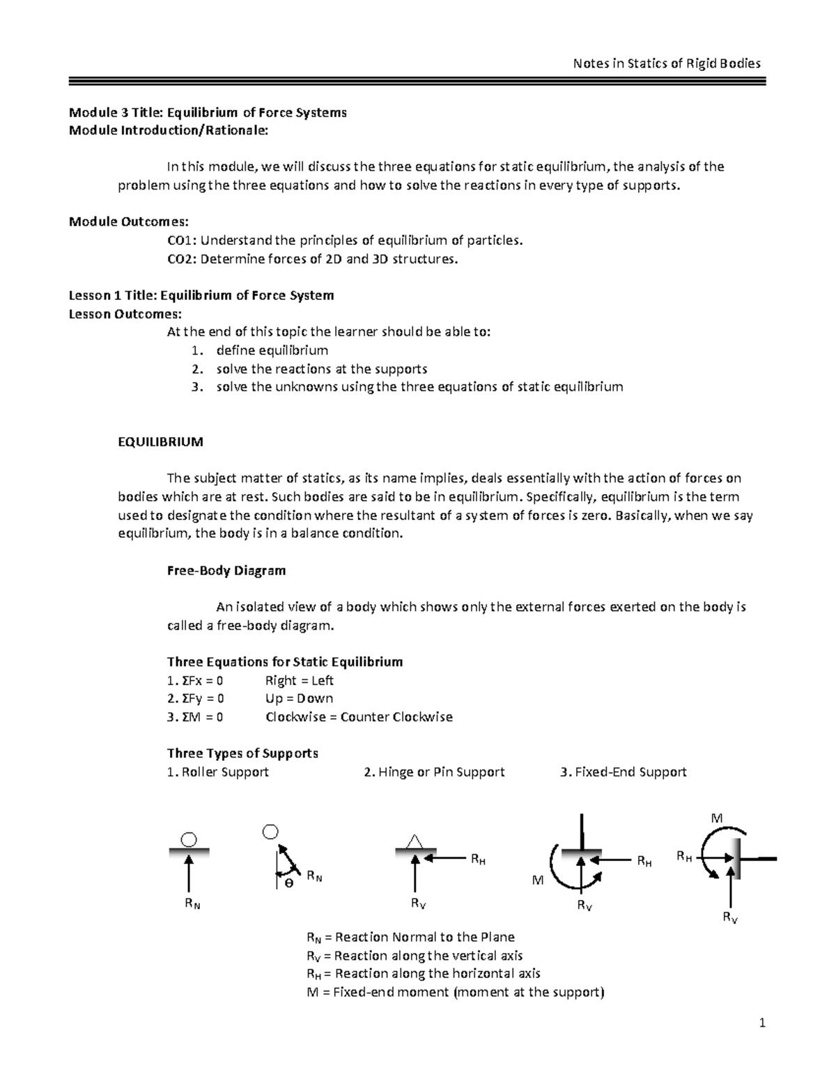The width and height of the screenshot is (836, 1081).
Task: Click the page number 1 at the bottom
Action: click(762, 1023)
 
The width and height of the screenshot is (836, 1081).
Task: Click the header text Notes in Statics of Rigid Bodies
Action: click(666, 63)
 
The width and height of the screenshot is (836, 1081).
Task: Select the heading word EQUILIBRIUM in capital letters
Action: click(161, 441)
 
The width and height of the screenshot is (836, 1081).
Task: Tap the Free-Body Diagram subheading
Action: click(226, 570)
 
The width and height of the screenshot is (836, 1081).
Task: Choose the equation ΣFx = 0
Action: click(196, 680)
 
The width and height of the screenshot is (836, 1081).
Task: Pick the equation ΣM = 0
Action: click(196, 717)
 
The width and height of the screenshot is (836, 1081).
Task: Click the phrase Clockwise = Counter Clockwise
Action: click(359, 717)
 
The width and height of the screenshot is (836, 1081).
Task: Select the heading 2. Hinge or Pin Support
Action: click(434, 772)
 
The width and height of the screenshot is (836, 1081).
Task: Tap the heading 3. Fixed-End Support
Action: click(623, 772)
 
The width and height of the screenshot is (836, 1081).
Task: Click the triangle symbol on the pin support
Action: click(415, 841)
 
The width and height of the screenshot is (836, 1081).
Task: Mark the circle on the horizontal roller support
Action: click(189, 839)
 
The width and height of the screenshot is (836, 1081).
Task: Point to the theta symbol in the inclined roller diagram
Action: click(288, 882)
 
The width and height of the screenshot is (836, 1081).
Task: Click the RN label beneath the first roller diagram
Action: click(192, 904)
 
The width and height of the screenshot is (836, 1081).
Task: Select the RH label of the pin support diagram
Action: click(478, 860)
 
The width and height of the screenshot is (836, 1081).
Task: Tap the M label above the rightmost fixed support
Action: click(715, 818)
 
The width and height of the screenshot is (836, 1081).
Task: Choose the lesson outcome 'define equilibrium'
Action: click(272, 350)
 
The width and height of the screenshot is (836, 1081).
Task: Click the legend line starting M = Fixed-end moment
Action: click(455, 992)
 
